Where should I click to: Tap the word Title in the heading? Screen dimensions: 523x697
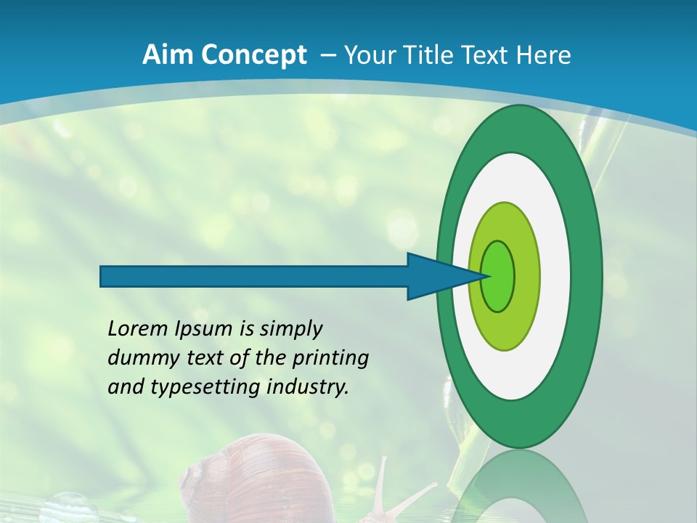coord(425,55)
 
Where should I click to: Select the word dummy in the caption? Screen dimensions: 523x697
coord(138,358)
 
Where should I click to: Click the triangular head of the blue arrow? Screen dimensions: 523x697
coord(436,276)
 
